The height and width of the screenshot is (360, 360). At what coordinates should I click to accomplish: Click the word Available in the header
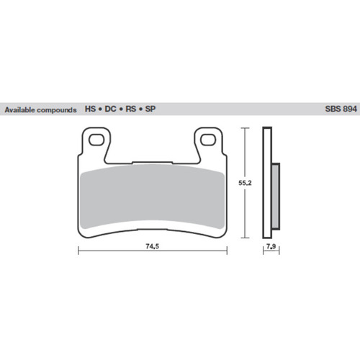pyautogui.click(x=22, y=110)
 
